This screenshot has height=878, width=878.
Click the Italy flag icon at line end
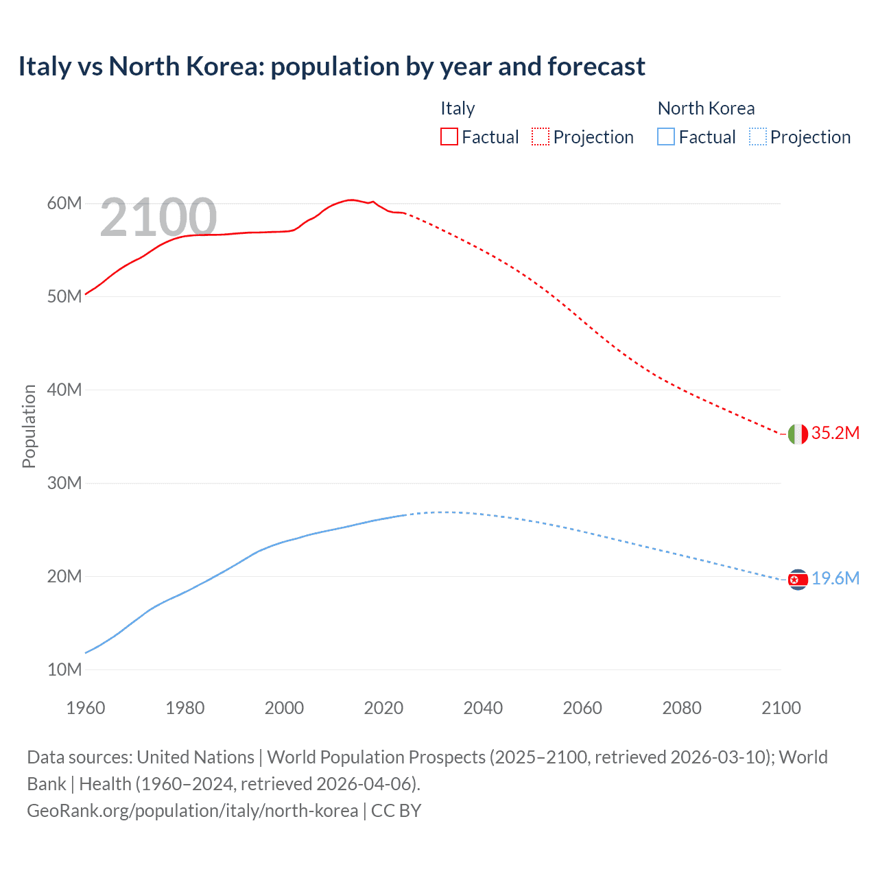(798, 434)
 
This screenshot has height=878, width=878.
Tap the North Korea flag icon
(798, 580)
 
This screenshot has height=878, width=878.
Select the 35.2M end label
(835, 433)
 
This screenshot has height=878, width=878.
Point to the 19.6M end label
(835, 578)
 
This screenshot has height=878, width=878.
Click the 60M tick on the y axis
(64, 203)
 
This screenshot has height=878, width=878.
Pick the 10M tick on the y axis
(64, 669)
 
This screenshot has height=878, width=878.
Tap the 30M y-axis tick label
(64, 483)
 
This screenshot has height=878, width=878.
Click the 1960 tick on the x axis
(86, 708)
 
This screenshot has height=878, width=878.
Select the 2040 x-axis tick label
(483, 708)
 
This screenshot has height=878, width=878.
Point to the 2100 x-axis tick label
(781, 708)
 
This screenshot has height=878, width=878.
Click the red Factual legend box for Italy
(449, 137)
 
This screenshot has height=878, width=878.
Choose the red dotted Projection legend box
(541, 137)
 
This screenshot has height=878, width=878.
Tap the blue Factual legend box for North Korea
(666, 137)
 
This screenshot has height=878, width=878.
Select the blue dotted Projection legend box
(758, 137)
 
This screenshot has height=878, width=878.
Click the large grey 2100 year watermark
(158, 217)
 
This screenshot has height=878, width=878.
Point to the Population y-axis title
(29, 426)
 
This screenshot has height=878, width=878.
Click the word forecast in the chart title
(595, 67)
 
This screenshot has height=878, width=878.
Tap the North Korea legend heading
(706, 108)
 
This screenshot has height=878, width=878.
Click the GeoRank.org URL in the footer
(192, 810)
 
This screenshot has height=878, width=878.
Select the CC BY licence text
(396, 810)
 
